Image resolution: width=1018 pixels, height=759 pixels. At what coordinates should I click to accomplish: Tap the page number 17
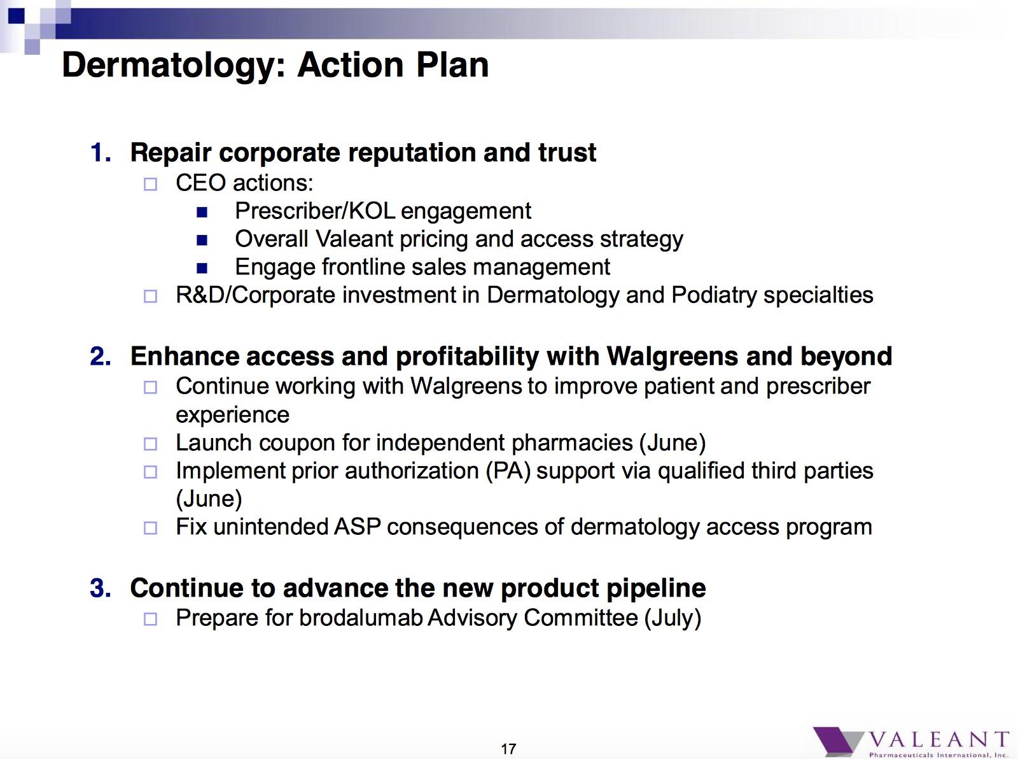(x=508, y=749)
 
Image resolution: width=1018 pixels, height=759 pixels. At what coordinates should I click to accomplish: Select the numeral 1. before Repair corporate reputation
(x=101, y=153)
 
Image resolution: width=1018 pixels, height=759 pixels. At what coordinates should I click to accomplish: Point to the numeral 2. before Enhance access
(x=101, y=357)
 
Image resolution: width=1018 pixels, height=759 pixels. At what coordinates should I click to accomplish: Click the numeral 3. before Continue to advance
(x=101, y=588)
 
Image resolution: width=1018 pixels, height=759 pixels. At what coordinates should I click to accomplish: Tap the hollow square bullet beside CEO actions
(x=150, y=184)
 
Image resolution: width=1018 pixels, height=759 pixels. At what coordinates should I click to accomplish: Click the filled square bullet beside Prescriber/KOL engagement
(x=202, y=212)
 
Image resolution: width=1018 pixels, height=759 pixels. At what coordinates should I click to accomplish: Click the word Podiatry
(x=714, y=295)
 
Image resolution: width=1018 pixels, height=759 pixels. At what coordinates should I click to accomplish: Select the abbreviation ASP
(x=358, y=527)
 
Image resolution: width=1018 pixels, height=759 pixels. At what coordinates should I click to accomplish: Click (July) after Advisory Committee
(x=673, y=618)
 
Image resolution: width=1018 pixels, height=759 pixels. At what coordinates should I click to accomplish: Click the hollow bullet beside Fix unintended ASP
(x=150, y=528)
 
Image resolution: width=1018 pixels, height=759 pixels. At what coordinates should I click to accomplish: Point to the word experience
(x=232, y=416)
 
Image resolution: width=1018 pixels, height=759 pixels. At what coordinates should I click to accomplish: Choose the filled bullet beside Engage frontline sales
(x=202, y=268)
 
